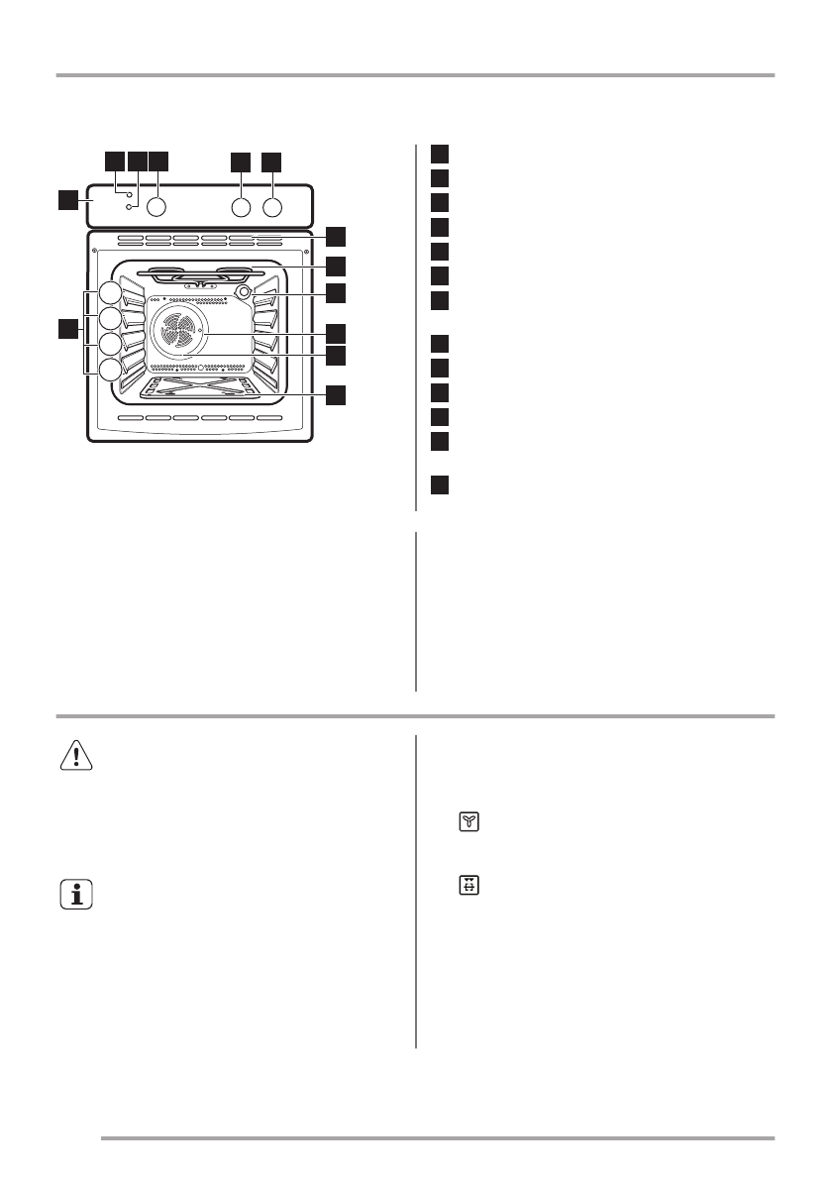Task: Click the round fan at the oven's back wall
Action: pyautogui.click(x=178, y=330)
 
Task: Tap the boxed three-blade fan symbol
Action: pyautogui.click(x=469, y=822)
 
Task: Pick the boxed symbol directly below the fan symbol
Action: pyautogui.click(x=469, y=887)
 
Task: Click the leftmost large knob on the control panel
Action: pyautogui.click(x=156, y=208)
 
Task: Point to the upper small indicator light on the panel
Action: pyautogui.click(x=130, y=195)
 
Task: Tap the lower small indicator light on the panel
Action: pyautogui.click(x=130, y=207)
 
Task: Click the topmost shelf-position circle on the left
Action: pyautogui.click(x=109, y=294)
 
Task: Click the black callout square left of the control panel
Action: pyautogui.click(x=67, y=201)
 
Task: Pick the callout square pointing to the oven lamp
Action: pyautogui.click(x=338, y=292)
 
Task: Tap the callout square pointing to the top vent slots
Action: pyautogui.click(x=338, y=236)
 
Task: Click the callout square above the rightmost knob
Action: pyautogui.click(x=271, y=160)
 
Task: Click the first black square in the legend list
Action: pyautogui.click(x=441, y=154)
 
